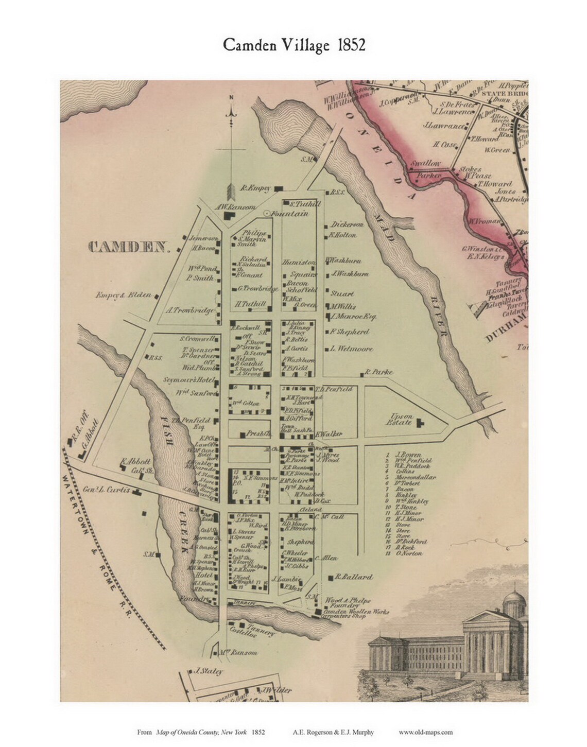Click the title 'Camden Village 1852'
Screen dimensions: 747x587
click(294, 45)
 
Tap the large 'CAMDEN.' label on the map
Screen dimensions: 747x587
click(129, 247)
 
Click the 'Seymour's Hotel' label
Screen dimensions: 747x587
click(196, 380)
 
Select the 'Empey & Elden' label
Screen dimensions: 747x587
click(123, 295)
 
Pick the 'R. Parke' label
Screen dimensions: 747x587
click(378, 372)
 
